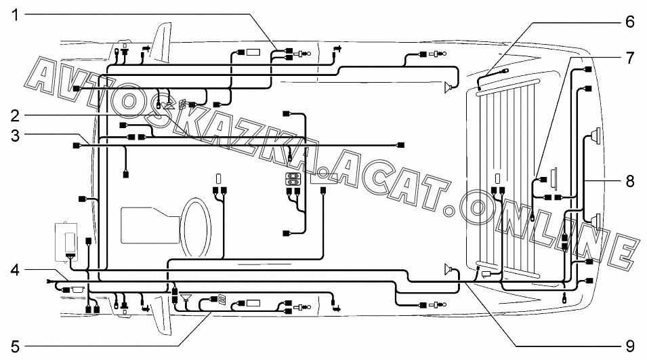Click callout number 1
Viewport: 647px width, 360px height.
pos(15,16)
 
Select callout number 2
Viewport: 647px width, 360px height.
pos(15,116)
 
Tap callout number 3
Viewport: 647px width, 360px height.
pos(15,136)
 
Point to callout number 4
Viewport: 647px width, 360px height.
pos(15,271)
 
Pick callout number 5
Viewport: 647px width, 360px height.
pos(15,346)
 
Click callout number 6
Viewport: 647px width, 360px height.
pos(629,22)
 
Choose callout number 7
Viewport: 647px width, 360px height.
pos(629,58)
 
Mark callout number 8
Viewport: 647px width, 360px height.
pos(629,181)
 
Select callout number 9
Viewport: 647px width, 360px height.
pos(629,346)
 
